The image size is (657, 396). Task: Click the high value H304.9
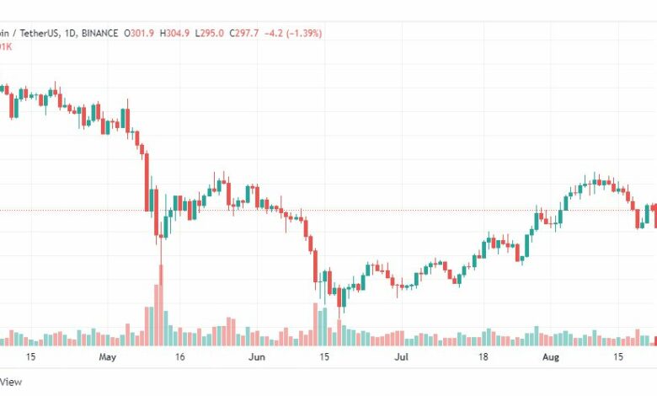pyautogui.click(x=200, y=33)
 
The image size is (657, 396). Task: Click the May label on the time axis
pyautogui.click(x=107, y=357)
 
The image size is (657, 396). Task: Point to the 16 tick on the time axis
pyautogui.click(x=180, y=357)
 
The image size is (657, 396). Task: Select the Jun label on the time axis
pyautogui.click(x=257, y=357)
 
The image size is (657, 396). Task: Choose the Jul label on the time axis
pyautogui.click(x=402, y=357)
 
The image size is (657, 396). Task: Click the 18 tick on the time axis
pyautogui.click(x=484, y=357)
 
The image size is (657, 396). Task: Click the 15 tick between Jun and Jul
pyautogui.click(x=324, y=357)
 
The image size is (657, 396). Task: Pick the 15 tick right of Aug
pyautogui.click(x=619, y=357)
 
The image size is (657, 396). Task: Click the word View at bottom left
pyautogui.click(x=12, y=382)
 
